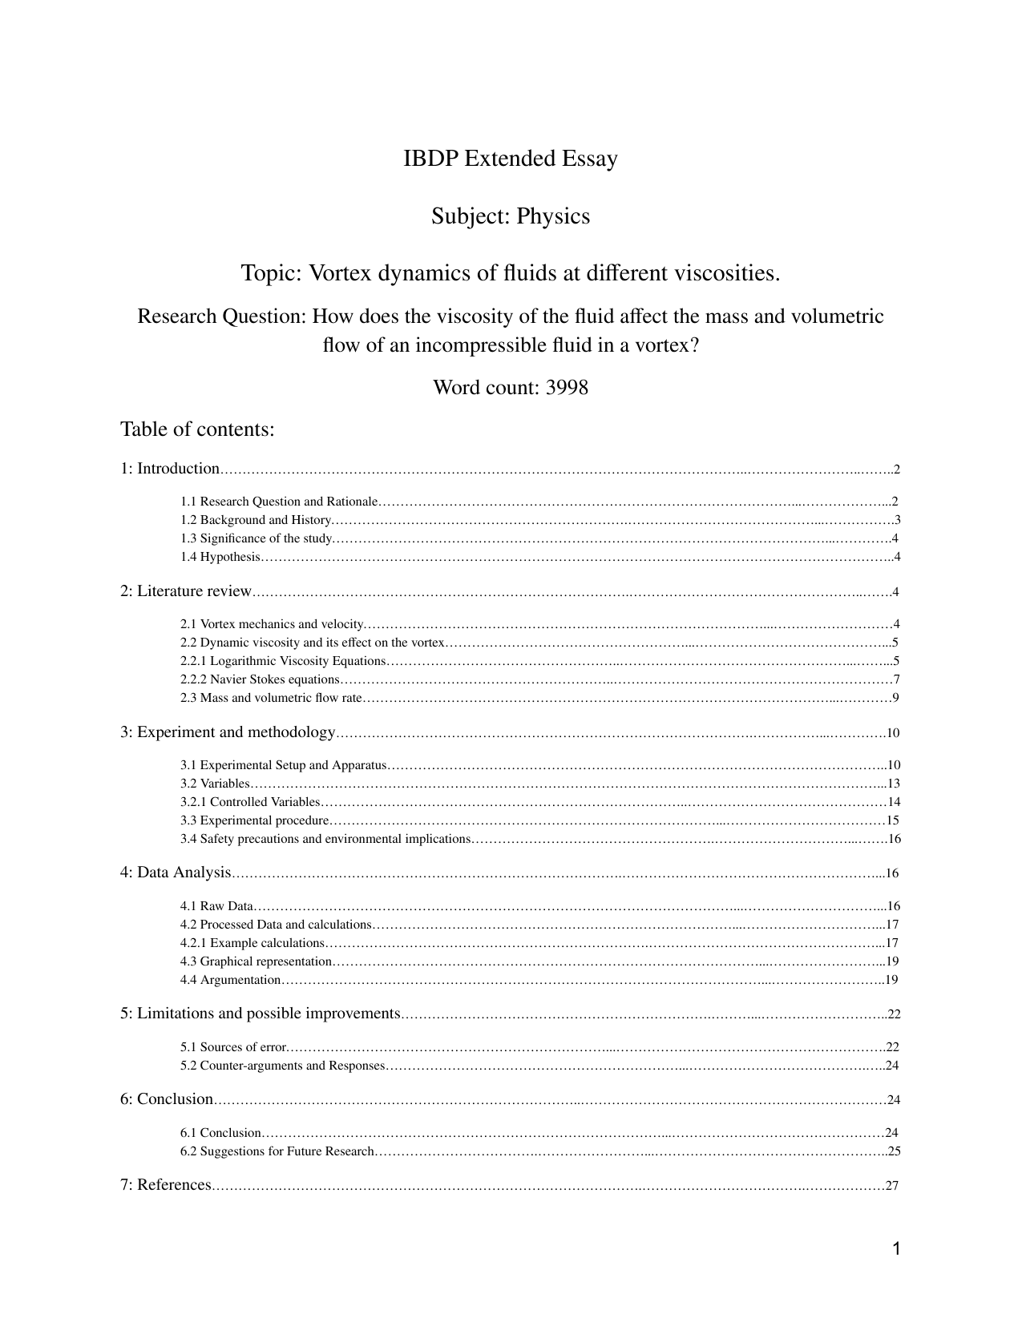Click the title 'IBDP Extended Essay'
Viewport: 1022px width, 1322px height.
coord(511,159)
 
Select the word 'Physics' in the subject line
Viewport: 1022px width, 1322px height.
coord(553,216)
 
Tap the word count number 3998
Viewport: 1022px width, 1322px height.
coord(567,388)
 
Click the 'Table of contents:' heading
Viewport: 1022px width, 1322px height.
coord(197,429)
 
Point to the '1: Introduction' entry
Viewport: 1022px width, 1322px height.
coord(170,469)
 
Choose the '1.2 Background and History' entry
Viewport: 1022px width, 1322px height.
coord(256,520)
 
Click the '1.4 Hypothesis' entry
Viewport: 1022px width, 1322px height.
coord(220,557)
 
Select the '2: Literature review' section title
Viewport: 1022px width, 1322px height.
coord(186,591)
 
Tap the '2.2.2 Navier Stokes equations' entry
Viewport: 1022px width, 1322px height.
coord(260,679)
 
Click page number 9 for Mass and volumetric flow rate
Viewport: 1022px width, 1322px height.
coord(895,698)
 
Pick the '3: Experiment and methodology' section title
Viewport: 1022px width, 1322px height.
coord(228,732)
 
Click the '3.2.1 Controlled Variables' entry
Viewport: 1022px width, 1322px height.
coord(250,802)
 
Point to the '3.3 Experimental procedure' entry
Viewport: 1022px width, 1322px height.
coord(255,820)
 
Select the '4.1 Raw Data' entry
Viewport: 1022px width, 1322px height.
coord(216,906)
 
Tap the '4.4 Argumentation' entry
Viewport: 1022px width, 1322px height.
coord(231,980)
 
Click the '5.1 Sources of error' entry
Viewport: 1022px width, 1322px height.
coord(233,1047)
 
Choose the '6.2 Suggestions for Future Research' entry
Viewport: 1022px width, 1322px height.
coord(277,1151)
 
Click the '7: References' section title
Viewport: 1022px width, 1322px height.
coord(166,1185)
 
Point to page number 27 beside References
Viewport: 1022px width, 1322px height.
coord(891,1187)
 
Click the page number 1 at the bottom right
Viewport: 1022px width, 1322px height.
coord(896,1249)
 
